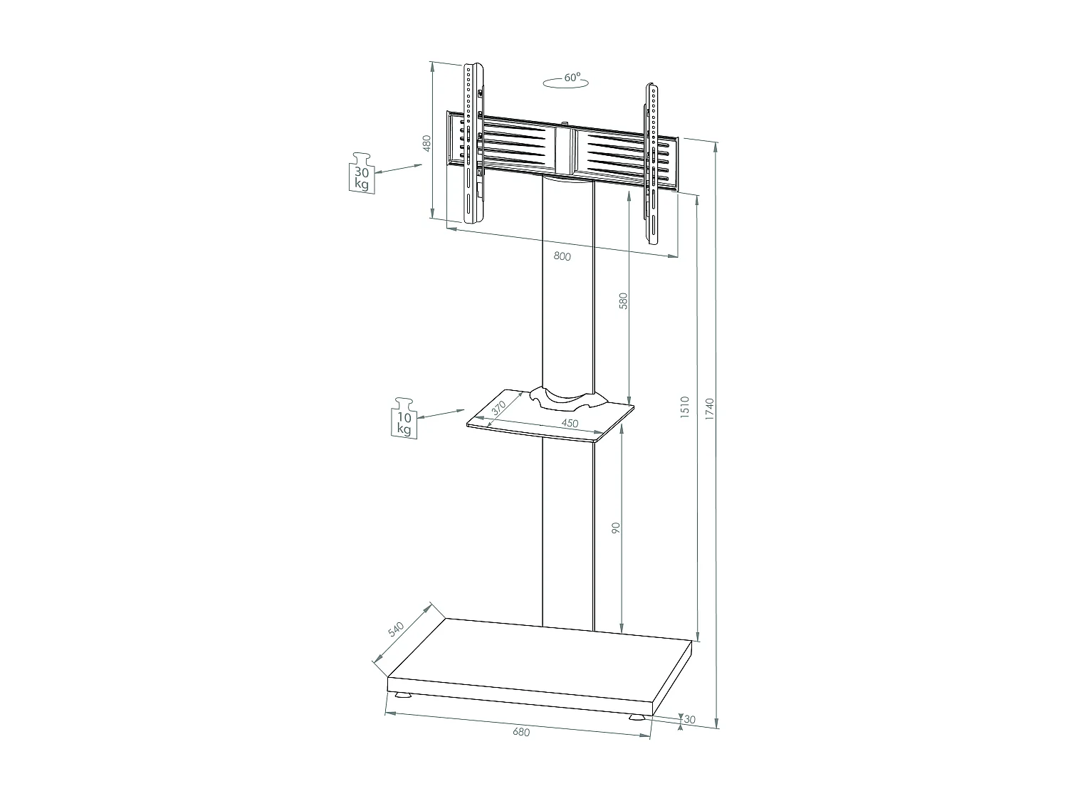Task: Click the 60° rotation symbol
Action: pos(566,80)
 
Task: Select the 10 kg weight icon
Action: pos(404,418)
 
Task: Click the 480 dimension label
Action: pos(427,144)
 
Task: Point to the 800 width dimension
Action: pos(562,257)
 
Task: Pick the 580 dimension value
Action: pos(623,301)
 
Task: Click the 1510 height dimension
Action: pos(684,407)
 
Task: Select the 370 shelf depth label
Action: pos(498,407)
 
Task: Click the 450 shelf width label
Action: pos(570,424)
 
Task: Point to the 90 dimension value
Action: pos(617,528)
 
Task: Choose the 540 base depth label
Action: pos(396,629)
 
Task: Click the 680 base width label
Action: pos(521,731)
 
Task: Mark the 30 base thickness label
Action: pos(689,720)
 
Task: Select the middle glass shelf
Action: pos(548,417)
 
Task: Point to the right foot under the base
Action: pos(639,717)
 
